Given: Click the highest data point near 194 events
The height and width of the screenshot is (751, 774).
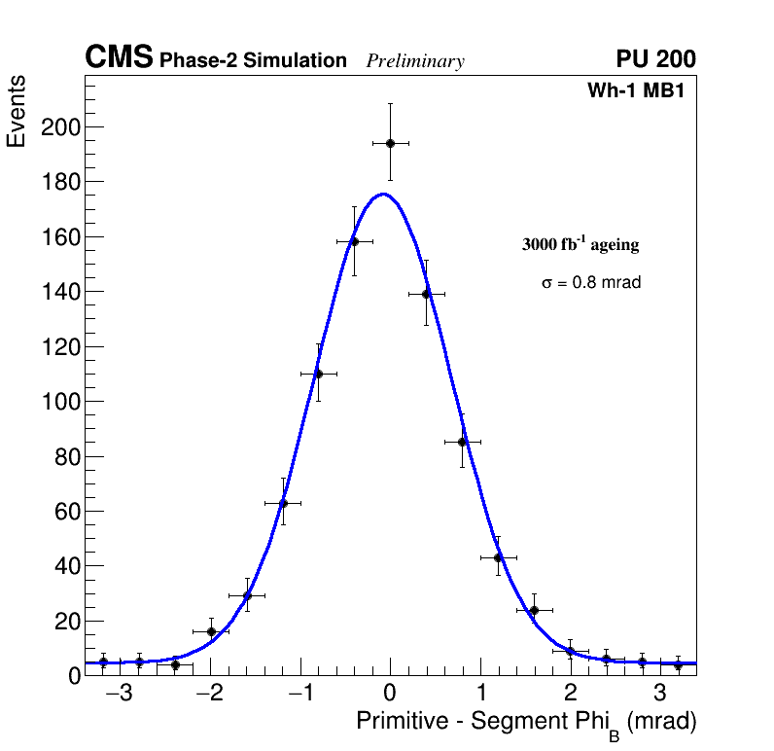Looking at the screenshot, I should (x=390, y=143).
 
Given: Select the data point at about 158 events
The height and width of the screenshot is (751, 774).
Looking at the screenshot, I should (x=354, y=241).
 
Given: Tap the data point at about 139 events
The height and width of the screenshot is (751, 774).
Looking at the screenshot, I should (x=426, y=294).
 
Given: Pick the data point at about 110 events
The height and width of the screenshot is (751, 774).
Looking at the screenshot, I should (x=318, y=374).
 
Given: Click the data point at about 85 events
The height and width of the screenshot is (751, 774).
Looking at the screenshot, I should (x=462, y=442).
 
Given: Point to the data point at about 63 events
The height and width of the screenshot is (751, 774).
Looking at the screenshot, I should (x=283, y=503).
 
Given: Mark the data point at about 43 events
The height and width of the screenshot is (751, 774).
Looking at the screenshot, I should (x=498, y=557).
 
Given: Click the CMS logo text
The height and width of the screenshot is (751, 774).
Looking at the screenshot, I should (x=119, y=58).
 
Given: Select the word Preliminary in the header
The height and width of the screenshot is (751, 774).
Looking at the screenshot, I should (x=415, y=61).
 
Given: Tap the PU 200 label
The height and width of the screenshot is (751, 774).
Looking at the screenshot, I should (x=655, y=59).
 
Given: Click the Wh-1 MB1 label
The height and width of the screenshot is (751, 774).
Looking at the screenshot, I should (x=641, y=90).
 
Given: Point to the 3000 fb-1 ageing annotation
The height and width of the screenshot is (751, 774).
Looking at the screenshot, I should (x=580, y=244).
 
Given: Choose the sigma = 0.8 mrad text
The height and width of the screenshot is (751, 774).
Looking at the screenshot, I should (x=591, y=283).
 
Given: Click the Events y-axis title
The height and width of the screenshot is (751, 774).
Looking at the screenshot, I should (x=17, y=112).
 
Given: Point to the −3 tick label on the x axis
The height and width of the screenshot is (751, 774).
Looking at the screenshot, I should (x=119, y=695).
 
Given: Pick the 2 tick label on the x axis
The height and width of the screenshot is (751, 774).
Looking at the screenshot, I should (x=570, y=695).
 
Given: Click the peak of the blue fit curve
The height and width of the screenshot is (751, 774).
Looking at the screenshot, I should (x=383, y=194).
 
